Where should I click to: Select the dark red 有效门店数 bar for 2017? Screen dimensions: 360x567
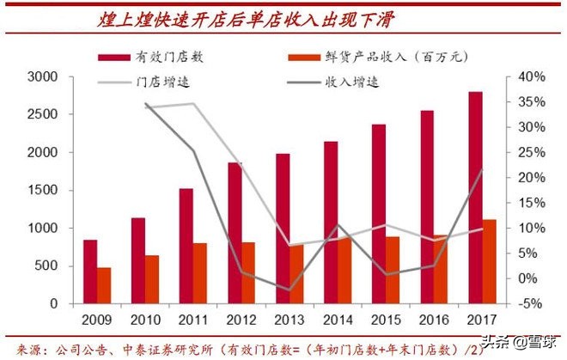pyautogui.click(x=475, y=197)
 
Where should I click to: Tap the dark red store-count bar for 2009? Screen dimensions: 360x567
pyautogui.click(x=90, y=272)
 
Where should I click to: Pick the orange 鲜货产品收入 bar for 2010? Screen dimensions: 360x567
pyautogui.click(x=152, y=279)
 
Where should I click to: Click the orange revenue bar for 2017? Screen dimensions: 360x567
pyautogui.click(x=489, y=261)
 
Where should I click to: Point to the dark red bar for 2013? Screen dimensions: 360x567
pyautogui.click(x=283, y=228)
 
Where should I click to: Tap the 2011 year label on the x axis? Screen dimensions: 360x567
pyautogui.click(x=192, y=320)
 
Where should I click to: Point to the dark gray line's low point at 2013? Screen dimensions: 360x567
pyautogui.click(x=289, y=290)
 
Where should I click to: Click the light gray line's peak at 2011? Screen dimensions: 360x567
pyautogui.click(x=192, y=104)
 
